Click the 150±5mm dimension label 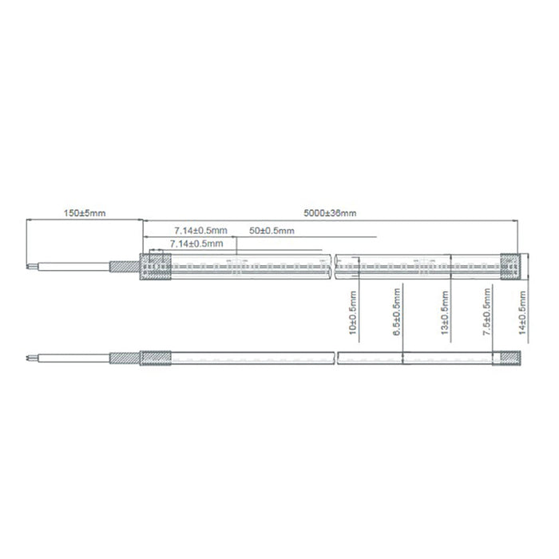tap(85, 213)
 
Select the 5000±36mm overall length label tap(330, 213)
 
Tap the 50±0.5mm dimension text tap(272, 231)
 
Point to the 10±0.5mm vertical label tap(353, 313)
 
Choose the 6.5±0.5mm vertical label tap(396, 312)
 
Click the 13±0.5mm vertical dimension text tap(445, 313)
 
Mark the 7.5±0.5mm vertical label tap(486, 312)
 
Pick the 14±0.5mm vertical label tap(522, 313)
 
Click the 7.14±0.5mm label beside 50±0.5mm tap(200, 231)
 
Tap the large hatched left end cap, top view tap(156, 266)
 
